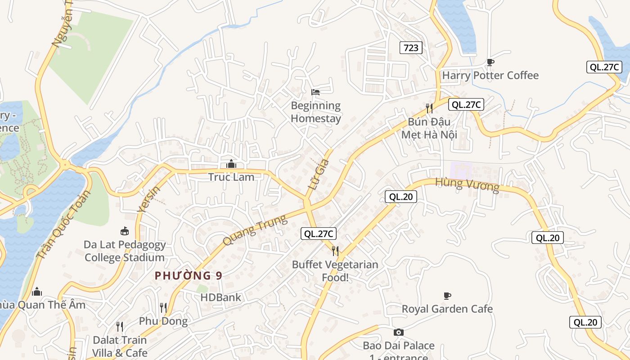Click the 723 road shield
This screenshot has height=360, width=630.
click(x=411, y=48)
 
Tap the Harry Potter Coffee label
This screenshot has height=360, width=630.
click(x=490, y=75)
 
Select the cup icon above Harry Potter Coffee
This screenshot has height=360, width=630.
click(x=490, y=62)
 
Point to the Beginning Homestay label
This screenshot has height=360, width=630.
click(x=316, y=112)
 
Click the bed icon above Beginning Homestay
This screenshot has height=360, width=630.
click(x=315, y=92)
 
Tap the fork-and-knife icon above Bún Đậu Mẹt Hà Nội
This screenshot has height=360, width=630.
click(x=429, y=108)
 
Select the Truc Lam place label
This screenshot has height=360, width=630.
click(x=231, y=177)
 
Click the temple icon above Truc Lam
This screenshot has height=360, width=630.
click(x=231, y=164)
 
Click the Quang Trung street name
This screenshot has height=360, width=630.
click(x=255, y=230)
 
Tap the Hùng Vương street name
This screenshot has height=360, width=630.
click(x=467, y=184)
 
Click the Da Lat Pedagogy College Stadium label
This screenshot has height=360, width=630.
click(x=125, y=251)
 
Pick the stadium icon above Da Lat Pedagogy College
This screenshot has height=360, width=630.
click(x=125, y=231)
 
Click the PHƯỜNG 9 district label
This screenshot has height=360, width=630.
click(x=189, y=276)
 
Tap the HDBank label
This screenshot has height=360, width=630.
click(x=220, y=297)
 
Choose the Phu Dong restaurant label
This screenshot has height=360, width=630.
click(x=163, y=321)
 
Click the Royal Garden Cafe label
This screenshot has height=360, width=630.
click(x=447, y=309)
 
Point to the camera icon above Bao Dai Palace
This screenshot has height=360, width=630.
click(x=398, y=333)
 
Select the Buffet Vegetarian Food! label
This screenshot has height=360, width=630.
click(x=335, y=271)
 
